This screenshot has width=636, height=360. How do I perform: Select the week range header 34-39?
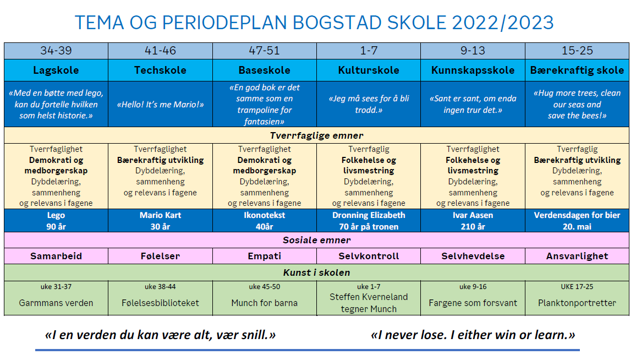(x=56, y=51)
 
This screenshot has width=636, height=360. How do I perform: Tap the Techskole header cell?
(x=160, y=70)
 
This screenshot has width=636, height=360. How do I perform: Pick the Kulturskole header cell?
(x=369, y=70)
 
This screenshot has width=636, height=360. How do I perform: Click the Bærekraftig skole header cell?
(x=577, y=70)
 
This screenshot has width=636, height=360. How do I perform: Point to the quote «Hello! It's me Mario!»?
(x=160, y=105)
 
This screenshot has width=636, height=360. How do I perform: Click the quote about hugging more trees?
(x=577, y=104)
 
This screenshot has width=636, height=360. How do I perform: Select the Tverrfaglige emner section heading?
(x=316, y=135)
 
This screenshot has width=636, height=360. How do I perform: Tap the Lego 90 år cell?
(x=56, y=221)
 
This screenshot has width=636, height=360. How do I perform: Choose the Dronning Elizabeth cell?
(x=369, y=221)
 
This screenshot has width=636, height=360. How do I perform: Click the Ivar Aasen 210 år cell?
(x=473, y=221)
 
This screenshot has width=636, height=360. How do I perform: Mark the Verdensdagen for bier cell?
(x=577, y=221)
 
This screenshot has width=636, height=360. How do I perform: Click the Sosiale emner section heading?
(x=316, y=240)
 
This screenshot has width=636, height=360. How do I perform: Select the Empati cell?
(x=264, y=256)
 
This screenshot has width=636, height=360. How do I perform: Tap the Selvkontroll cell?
(x=369, y=256)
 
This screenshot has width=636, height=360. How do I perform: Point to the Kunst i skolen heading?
(x=316, y=272)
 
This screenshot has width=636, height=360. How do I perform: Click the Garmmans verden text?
(x=56, y=303)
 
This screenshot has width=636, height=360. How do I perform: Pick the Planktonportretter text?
(x=577, y=303)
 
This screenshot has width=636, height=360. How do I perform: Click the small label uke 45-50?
(x=264, y=287)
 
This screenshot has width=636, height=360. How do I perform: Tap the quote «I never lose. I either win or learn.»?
(x=473, y=335)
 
